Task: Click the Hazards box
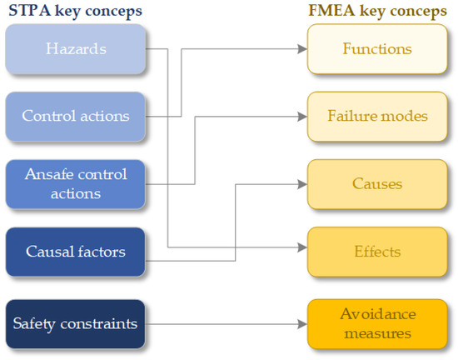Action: click(76, 49)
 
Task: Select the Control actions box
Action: click(76, 117)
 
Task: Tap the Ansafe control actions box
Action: click(76, 184)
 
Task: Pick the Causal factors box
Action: click(76, 252)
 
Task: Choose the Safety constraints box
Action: click(76, 324)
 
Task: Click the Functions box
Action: click(377, 49)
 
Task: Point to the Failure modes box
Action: click(377, 117)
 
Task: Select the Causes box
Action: click(377, 184)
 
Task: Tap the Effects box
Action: click(377, 252)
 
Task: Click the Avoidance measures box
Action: click(377, 324)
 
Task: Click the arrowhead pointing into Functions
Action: click(302, 49)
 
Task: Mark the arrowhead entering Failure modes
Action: click(302, 117)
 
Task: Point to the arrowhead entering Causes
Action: click(302, 184)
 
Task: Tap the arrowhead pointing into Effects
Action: click(302, 247)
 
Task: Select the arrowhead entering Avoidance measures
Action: click(302, 324)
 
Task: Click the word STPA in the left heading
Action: click(30, 11)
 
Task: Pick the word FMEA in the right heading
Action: click(331, 11)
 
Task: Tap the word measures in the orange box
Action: click(378, 333)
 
